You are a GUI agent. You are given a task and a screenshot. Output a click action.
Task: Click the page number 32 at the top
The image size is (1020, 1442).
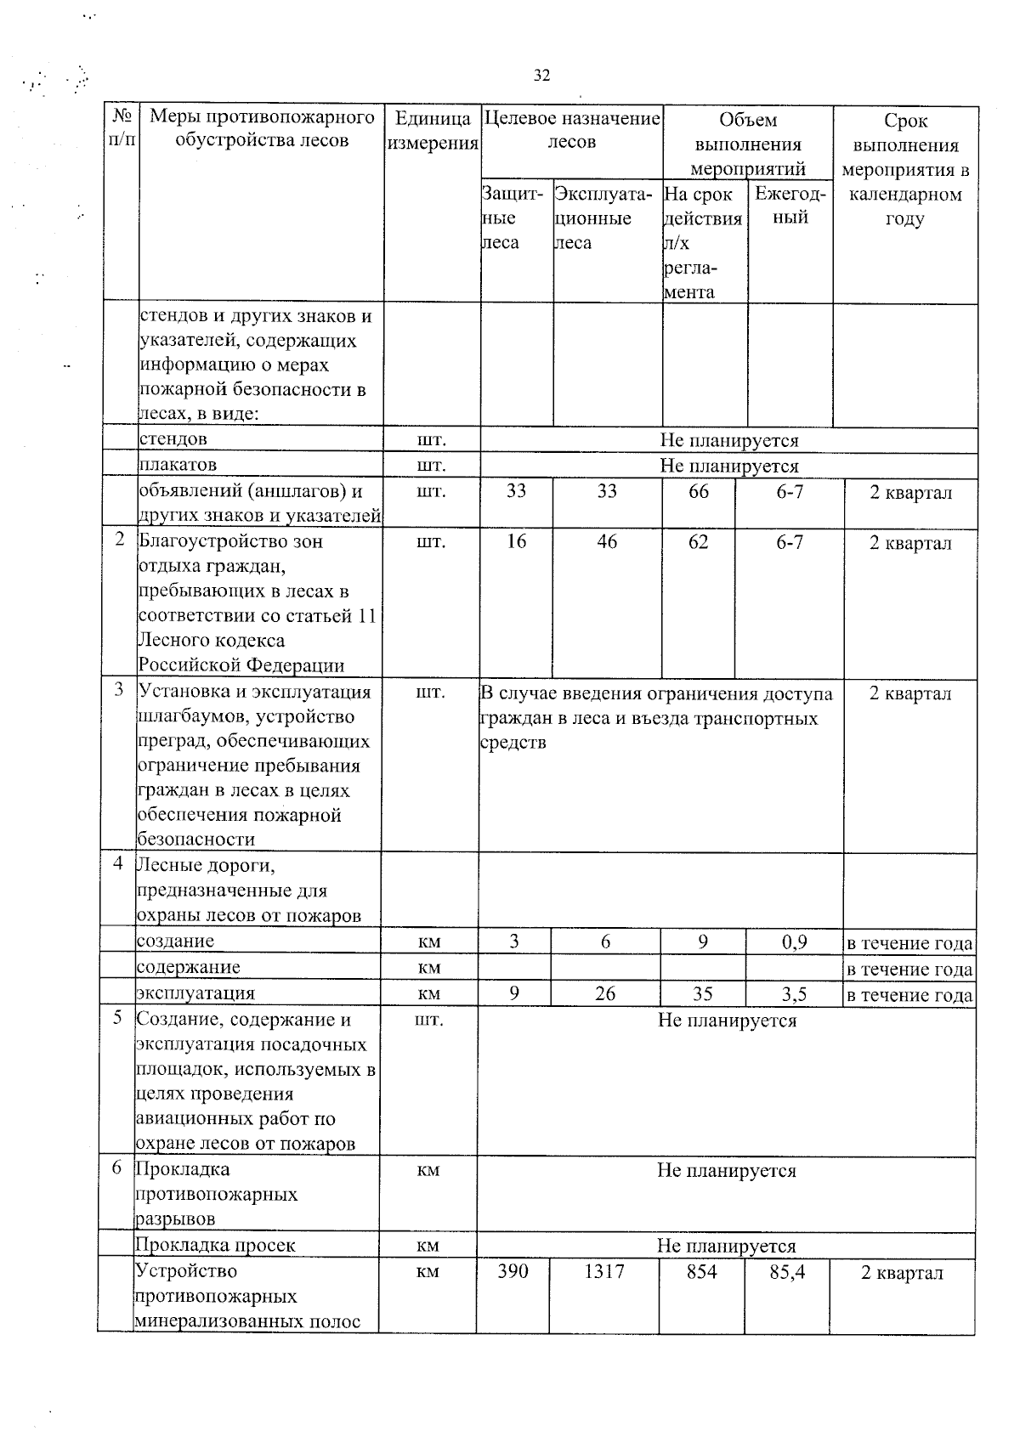pos(541,76)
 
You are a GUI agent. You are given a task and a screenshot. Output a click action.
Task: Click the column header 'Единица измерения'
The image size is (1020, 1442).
pos(433,131)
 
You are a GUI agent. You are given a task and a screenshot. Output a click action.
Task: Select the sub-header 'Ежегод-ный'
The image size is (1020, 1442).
pos(790,206)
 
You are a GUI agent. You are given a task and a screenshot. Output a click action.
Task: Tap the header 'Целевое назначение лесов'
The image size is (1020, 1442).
pos(571,130)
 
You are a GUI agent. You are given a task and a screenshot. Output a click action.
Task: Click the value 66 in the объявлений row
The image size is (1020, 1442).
pos(699,492)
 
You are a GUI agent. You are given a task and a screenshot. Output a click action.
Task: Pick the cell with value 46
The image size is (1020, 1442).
pos(607,542)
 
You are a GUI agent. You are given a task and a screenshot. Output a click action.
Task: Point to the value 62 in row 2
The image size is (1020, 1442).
pos(699,542)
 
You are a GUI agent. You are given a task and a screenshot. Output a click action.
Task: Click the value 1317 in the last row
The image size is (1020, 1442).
pos(604,1271)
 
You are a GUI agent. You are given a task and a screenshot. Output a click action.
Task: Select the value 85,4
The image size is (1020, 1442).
pos(787,1272)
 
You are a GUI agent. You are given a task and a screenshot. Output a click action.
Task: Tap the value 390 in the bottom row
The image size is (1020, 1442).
pos(513,1271)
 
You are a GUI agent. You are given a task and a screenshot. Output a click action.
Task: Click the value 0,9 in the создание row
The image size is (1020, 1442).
pos(794,942)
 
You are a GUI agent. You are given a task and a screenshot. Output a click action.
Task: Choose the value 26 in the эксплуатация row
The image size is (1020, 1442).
pos(605,993)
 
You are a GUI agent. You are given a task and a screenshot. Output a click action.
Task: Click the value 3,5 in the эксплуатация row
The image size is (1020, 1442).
pos(794,993)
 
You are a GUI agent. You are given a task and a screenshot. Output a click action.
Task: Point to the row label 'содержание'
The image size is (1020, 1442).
pos(189,967)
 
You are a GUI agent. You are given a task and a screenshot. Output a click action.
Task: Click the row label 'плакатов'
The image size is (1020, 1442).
pos(178,465)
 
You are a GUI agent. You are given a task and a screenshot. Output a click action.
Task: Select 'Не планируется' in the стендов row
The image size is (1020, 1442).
pos(729,440)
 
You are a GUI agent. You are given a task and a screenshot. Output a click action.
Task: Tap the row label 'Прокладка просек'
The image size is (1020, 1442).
pos(216,1245)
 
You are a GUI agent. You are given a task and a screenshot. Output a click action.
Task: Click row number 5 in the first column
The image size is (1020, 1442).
pos(117,1018)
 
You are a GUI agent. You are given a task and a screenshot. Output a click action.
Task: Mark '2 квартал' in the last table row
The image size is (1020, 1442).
pos(902,1273)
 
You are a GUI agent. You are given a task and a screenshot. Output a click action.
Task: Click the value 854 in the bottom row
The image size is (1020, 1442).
pos(702,1271)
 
